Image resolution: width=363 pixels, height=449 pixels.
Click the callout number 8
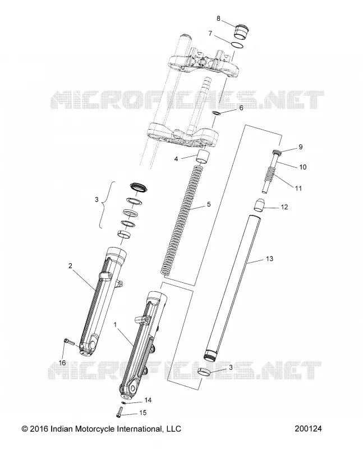tap(218, 19)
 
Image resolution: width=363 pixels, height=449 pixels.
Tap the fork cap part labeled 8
tap(241, 32)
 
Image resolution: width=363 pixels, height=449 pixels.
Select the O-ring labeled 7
tap(238, 45)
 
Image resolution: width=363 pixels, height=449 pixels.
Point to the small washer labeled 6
tap(217, 113)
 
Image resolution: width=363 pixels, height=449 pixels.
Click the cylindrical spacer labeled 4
tap(203, 157)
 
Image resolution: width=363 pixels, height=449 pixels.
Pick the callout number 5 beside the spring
tap(208, 204)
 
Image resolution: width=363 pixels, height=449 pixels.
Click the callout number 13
tap(269, 259)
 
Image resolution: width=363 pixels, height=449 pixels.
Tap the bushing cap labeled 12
tap(259, 205)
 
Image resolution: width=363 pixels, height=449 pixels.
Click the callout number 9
tap(300, 147)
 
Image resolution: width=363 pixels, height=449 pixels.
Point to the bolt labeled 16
tap(68, 342)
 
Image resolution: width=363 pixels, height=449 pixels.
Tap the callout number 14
tap(148, 400)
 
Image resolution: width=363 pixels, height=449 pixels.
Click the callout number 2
tap(71, 265)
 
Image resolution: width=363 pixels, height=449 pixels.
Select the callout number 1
tap(116, 325)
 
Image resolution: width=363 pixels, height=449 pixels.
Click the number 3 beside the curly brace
tap(97, 199)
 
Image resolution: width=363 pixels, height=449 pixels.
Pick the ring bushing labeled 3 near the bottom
tap(204, 372)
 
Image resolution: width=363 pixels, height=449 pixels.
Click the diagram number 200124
tap(308, 429)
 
